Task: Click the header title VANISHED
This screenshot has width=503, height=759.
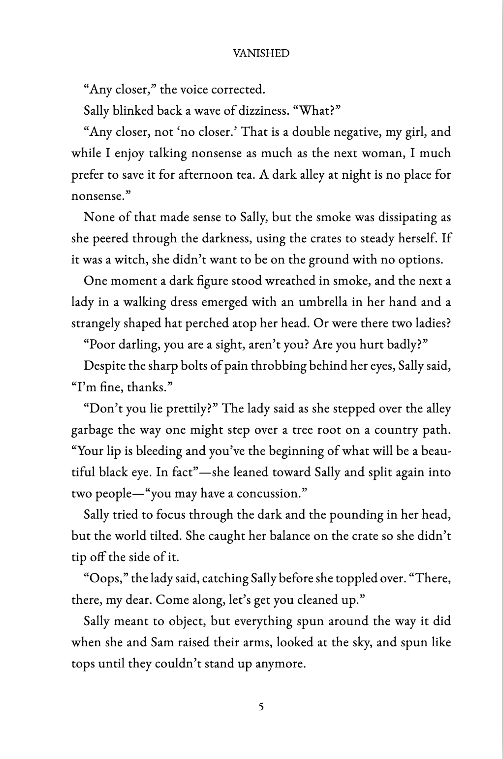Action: [x=261, y=54]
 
